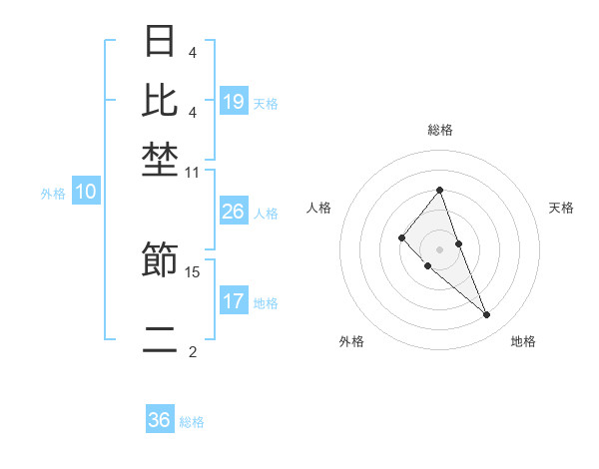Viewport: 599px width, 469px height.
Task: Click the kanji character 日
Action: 161,42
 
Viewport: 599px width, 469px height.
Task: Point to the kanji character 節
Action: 161,260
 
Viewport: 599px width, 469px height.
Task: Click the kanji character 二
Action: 161,339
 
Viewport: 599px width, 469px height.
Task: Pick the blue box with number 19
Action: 234,101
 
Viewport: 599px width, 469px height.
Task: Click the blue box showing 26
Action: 234,212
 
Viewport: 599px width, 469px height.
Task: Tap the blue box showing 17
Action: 234,300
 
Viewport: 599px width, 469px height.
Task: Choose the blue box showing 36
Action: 160,420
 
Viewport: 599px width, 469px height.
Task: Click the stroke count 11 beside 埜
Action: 193,172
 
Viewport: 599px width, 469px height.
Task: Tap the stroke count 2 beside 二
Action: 193,351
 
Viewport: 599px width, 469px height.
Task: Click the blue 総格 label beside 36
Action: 192,422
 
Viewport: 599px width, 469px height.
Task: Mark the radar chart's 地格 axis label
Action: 523,341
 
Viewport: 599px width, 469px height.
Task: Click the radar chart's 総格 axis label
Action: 439,130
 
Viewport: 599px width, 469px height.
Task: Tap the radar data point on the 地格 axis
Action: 487,315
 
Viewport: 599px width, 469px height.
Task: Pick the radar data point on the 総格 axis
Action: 439,190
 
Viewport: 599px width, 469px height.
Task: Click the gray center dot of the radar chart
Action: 439,248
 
